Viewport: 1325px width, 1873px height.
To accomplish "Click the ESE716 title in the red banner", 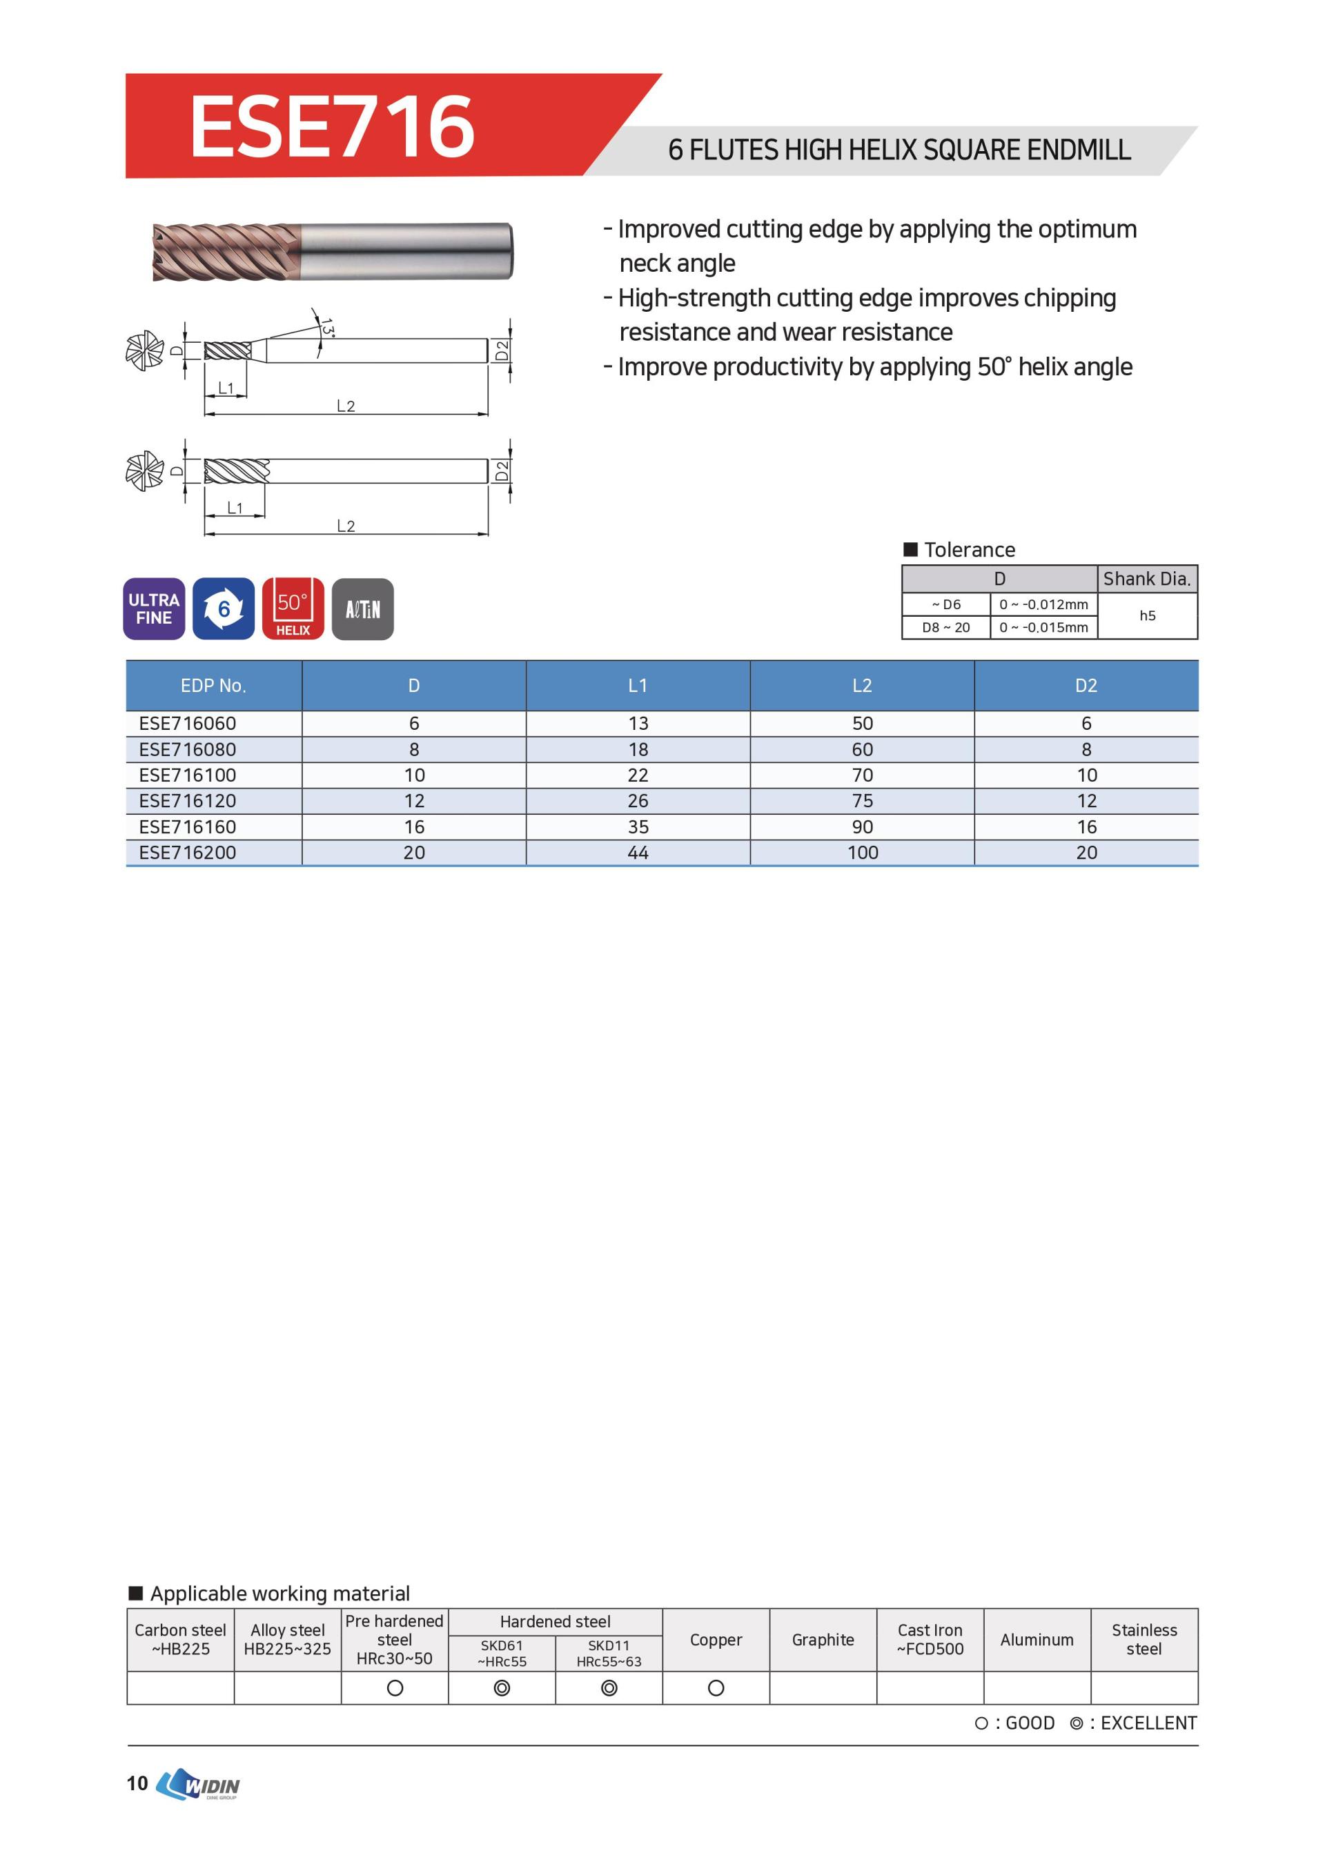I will (x=331, y=126).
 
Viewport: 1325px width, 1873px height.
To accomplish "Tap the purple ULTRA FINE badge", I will (x=153, y=608).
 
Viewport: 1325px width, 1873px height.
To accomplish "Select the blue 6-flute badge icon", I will (x=224, y=608).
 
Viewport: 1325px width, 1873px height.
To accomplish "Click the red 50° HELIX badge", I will (x=293, y=608).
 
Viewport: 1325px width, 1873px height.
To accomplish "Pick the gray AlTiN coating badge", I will (x=363, y=608).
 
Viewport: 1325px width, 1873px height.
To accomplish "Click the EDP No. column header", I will (x=213, y=685).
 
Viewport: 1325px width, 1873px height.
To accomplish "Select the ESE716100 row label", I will (x=188, y=775).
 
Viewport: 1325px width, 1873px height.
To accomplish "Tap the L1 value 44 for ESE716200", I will (x=638, y=853).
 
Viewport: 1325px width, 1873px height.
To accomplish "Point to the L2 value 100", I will (x=863, y=853).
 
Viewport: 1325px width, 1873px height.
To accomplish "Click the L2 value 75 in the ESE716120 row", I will (x=863, y=801).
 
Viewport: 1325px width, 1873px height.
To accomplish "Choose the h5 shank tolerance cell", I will (x=1147, y=616).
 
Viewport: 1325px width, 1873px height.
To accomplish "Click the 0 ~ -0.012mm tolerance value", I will (x=1043, y=604).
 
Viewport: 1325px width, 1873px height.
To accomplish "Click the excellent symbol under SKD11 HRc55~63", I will (x=609, y=1689).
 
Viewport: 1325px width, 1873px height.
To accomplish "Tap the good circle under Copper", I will (x=716, y=1689).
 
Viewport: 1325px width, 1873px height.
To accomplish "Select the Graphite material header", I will (x=823, y=1640).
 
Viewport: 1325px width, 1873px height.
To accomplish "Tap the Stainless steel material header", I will (x=1144, y=1640).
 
